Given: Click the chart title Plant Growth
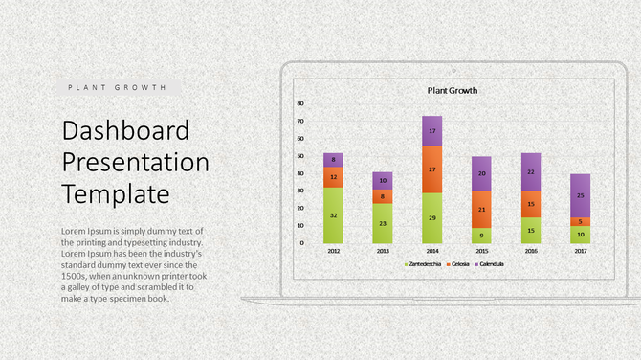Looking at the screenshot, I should click(x=453, y=91).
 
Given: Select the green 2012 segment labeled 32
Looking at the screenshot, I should click(x=333, y=215).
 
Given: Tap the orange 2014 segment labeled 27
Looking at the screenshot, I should click(x=432, y=169).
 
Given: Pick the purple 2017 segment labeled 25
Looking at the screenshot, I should click(x=581, y=195).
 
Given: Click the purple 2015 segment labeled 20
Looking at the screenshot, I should click(x=481, y=173).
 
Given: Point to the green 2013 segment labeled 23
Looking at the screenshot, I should click(x=383, y=223).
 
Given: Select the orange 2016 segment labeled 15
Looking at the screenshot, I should click(x=531, y=204).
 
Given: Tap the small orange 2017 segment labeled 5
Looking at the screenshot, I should click(x=581, y=222).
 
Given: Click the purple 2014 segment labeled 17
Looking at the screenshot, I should click(x=432, y=131).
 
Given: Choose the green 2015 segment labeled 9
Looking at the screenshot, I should click(x=481, y=235).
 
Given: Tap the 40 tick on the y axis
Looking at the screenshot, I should click(x=299, y=173).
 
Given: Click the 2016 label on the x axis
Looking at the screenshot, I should click(x=531, y=252).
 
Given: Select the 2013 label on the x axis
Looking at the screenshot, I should click(x=383, y=252).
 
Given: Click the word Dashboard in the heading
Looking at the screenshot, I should click(x=125, y=131).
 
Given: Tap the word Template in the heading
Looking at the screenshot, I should click(x=116, y=194).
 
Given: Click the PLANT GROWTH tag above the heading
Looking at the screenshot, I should click(x=117, y=87).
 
